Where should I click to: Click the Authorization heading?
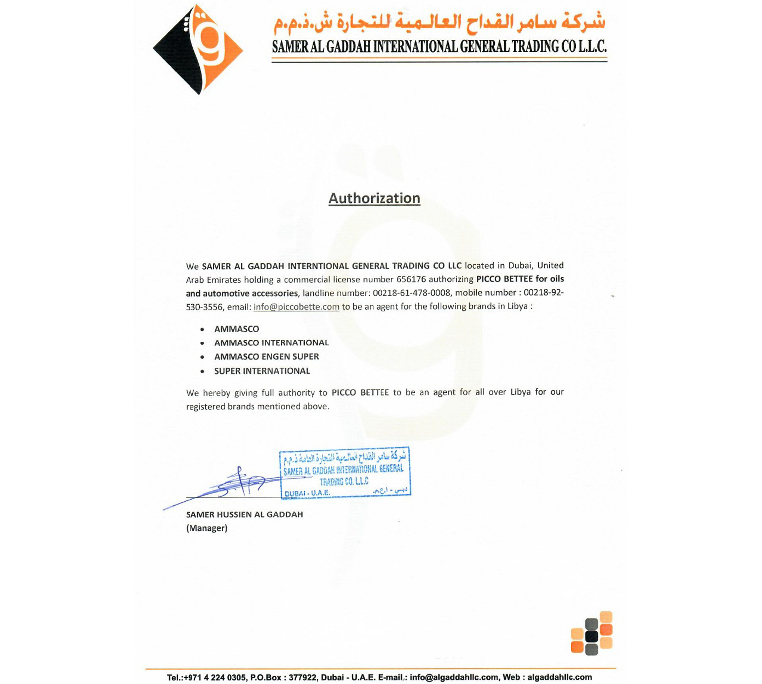pyautogui.click(x=374, y=198)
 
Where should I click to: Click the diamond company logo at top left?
pyautogui.click(x=198, y=49)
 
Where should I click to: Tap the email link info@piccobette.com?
pyautogui.click(x=296, y=307)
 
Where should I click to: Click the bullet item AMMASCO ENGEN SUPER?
pyautogui.click(x=266, y=357)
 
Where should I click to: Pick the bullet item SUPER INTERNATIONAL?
pyautogui.click(x=262, y=371)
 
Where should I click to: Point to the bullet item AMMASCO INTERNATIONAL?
pyautogui.click(x=271, y=343)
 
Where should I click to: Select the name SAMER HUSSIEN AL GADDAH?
pyautogui.click(x=244, y=514)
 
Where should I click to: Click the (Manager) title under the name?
pyautogui.click(x=206, y=528)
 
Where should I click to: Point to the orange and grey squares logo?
pyautogui.click(x=592, y=633)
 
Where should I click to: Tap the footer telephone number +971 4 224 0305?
pyautogui.click(x=215, y=677)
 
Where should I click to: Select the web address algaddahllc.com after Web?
pyautogui.click(x=560, y=677)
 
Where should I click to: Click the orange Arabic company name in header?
pyautogui.click(x=439, y=22)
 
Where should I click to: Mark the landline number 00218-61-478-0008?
pyautogui.click(x=411, y=293)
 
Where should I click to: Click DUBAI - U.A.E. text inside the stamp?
pyautogui.click(x=307, y=493)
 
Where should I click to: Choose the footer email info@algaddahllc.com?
pyautogui.click(x=454, y=677)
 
